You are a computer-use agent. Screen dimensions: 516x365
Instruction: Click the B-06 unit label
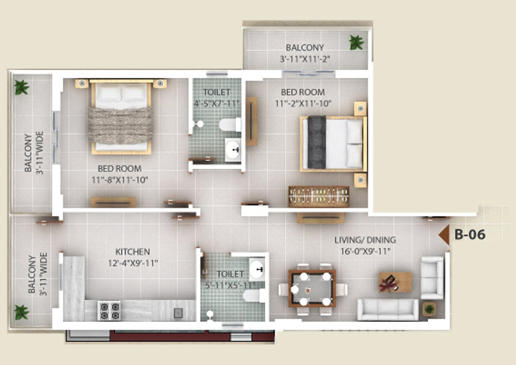point(469,234)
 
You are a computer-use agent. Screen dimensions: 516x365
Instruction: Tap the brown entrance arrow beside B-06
point(445,234)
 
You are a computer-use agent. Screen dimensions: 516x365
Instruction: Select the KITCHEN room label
point(133,252)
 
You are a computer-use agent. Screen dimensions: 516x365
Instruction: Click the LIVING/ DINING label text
point(365,240)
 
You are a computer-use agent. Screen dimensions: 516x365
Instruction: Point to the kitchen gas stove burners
point(109,311)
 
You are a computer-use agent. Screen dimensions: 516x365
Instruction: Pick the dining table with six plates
point(312,288)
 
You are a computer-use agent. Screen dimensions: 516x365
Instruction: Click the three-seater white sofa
point(388,309)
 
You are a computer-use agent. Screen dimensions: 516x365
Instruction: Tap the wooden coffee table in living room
point(395,282)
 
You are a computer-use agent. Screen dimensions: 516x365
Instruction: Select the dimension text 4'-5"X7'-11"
point(216,104)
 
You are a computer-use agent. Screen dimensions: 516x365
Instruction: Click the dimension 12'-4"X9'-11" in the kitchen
point(133,263)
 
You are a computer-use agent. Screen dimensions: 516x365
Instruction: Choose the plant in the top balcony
point(357,42)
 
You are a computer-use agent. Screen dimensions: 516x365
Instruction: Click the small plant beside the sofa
point(429,309)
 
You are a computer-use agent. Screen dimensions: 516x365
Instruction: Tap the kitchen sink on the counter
point(178,313)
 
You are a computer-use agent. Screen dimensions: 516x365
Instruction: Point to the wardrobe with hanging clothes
point(318,197)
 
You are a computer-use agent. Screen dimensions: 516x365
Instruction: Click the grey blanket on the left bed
point(120,125)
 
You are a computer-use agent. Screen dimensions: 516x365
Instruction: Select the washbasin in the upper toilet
point(233,150)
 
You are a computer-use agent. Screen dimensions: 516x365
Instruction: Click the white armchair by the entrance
point(433,278)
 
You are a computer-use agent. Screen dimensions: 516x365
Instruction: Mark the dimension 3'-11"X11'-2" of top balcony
point(305,59)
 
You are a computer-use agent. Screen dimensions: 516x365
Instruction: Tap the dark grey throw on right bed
point(317,142)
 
